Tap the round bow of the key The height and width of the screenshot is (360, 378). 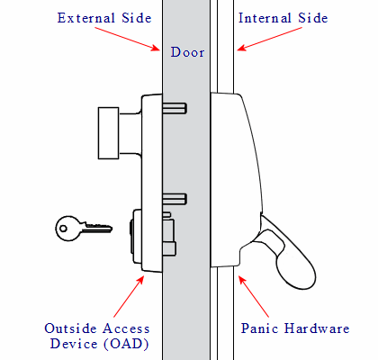65,229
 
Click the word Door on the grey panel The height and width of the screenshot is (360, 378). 189,52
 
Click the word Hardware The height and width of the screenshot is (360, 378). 317,328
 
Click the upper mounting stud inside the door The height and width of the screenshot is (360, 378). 176,108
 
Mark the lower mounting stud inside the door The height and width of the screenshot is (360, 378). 176,198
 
